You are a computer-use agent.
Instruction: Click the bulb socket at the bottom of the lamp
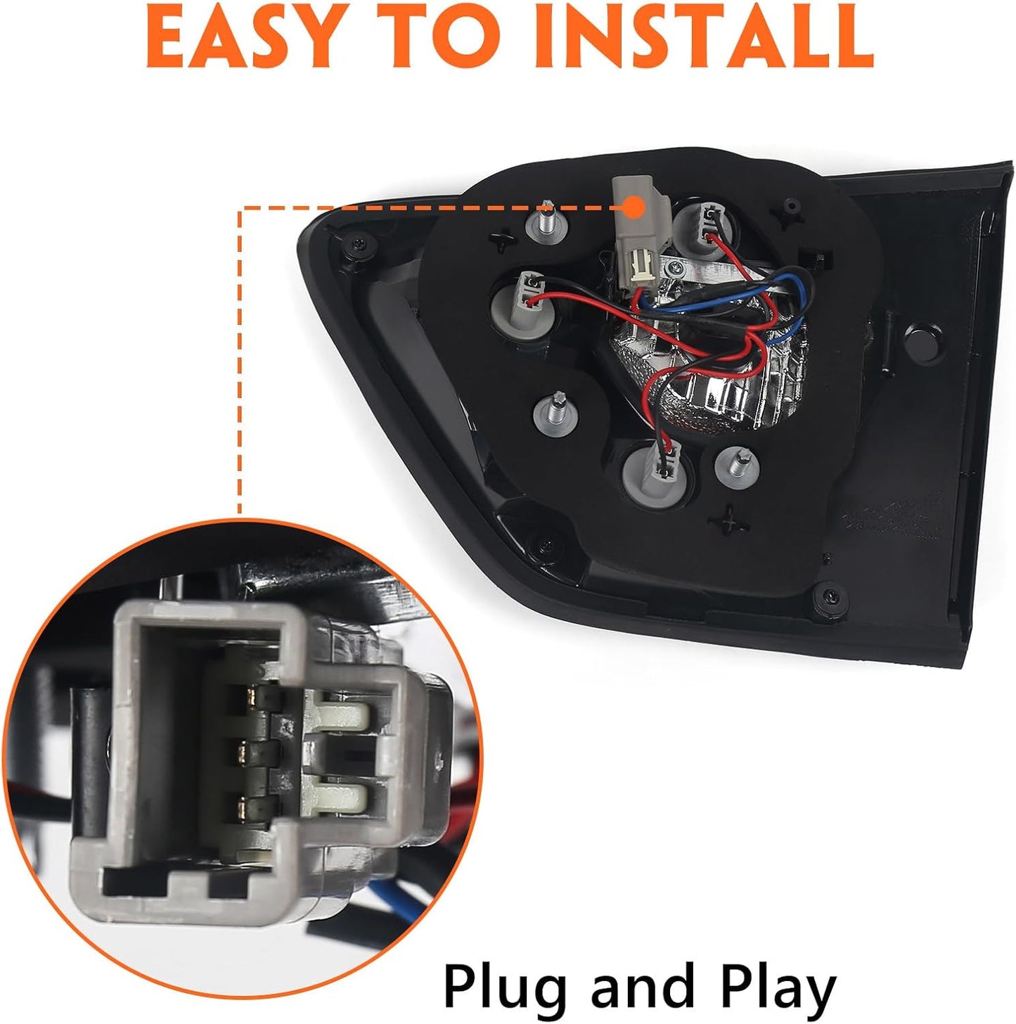[658, 476]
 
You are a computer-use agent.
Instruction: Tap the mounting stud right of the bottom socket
[737, 467]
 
